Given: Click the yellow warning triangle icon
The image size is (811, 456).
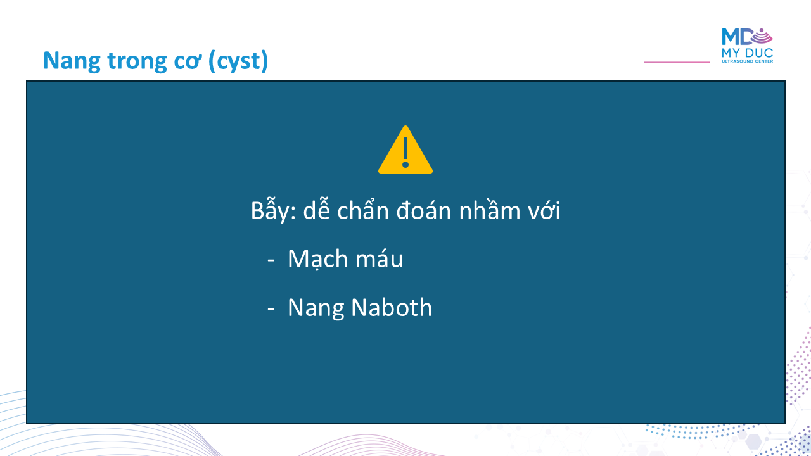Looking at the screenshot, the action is tap(405, 150).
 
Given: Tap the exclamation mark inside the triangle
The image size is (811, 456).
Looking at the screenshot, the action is tap(405, 153).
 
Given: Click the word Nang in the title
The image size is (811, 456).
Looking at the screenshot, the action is tap(72, 61).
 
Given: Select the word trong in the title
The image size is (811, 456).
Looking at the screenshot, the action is tap(137, 61).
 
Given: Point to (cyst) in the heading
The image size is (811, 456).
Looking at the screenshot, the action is tap(238, 61).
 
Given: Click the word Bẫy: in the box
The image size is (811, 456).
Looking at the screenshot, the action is tap(273, 210).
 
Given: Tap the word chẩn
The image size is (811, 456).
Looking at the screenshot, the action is tap(363, 209).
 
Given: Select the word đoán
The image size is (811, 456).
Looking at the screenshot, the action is tap(424, 210).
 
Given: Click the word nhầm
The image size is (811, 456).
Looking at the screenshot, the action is tap(490, 209).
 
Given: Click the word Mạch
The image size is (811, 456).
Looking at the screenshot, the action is tap(317, 259).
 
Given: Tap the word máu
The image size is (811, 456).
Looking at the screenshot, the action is tap(379, 258).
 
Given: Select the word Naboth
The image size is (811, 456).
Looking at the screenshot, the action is tap(392, 308).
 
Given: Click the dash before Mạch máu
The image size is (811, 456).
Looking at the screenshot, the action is tap(271, 260).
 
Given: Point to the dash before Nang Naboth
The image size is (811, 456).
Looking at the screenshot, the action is tap(271, 308).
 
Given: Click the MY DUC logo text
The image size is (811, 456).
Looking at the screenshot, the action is tap(747, 53).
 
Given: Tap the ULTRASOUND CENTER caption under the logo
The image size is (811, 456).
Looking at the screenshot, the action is tap(747, 61).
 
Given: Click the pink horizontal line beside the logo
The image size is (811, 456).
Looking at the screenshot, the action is tap(677, 62).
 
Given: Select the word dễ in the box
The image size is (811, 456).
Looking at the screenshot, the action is tap(316, 209).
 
